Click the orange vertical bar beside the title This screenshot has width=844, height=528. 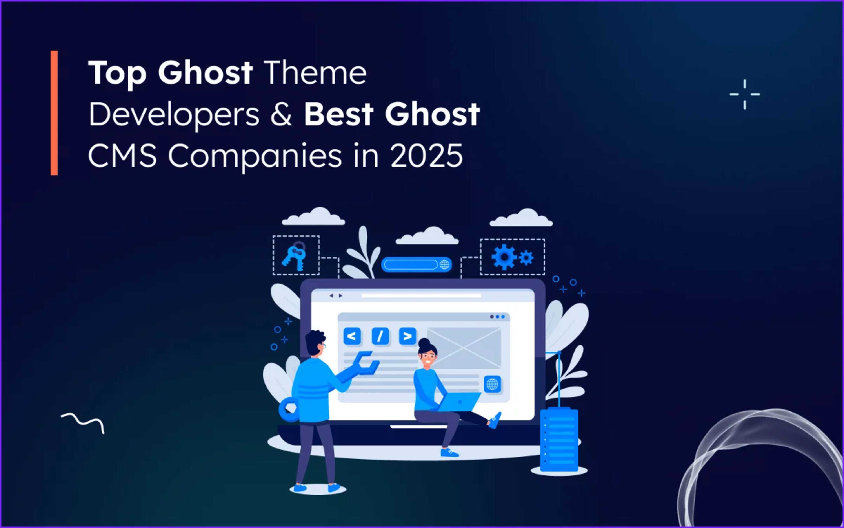pyautogui.click(x=54, y=113)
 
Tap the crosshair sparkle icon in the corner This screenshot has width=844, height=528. pyautogui.click(x=745, y=94)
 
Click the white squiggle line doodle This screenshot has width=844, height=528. pyautogui.click(x=83, y=422)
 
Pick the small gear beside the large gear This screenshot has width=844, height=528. pyautogui.click(x=526, y=258)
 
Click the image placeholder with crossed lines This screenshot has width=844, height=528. pyautogui.click(x=464, y=347)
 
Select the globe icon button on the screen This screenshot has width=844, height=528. pyautogui.click(x=492, y=385)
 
